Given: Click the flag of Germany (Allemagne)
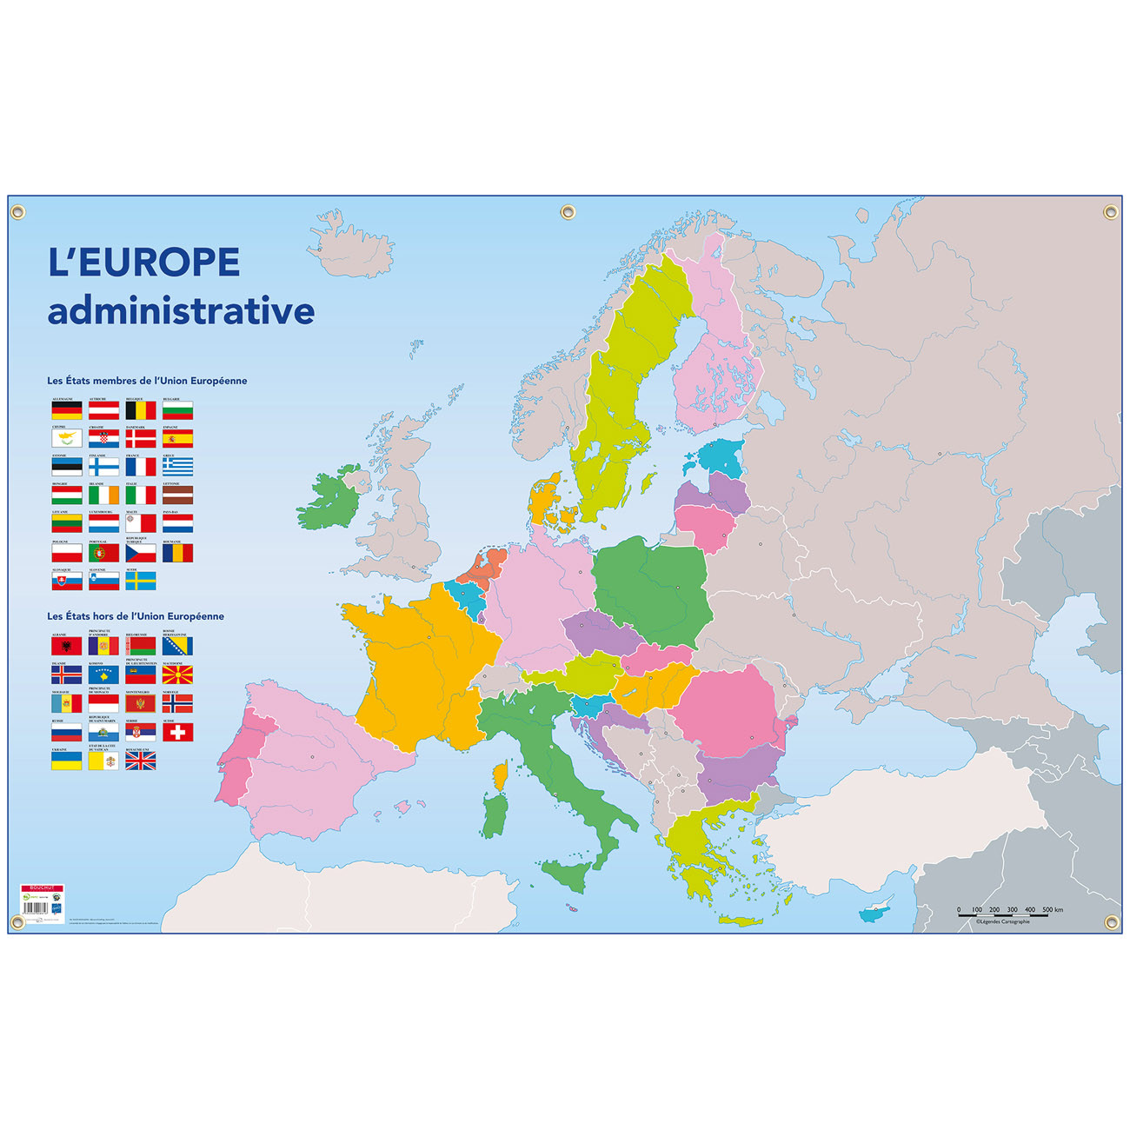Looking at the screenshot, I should click(67, 410).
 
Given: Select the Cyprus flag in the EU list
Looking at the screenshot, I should click(67, 439).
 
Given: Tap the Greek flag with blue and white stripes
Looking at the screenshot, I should click(177, 467).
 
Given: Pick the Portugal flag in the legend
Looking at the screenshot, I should click(103, 553).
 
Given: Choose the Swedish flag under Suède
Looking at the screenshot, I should click(141, 581).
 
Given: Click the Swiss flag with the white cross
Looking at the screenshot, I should click(177, 732).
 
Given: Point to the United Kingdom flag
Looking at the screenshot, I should click(141, 761).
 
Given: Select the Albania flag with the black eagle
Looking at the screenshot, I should click(67, 646).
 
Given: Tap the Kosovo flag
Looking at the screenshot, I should click(103, 675).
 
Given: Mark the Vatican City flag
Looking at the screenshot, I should click(103, 761).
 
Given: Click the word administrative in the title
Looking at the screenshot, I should click(181, 311).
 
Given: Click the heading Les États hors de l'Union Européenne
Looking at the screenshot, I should click(136, 616).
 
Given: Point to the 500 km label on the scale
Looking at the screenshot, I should click(1052, 910).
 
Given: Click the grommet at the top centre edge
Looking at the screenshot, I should click(568, 212).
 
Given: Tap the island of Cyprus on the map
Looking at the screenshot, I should click(874, 914).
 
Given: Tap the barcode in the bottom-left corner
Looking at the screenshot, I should click(35, 907).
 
